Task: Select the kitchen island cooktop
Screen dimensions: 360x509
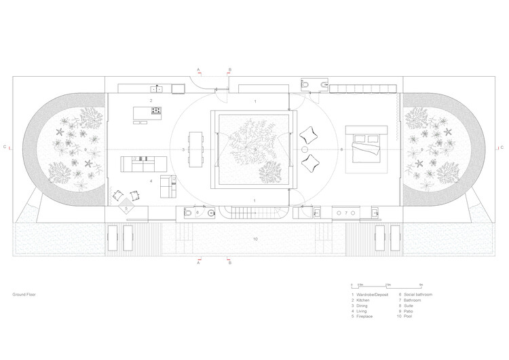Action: pos(156,110)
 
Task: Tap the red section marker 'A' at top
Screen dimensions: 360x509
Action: pos(199,69)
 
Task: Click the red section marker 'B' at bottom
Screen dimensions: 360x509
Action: pos(229,261)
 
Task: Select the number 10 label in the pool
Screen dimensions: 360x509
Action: pos(255,238)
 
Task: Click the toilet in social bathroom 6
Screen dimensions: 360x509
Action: pos(187,213)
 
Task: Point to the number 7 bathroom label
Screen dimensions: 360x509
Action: pos(345,213)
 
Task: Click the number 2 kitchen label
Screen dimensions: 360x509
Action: pos(140,100)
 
